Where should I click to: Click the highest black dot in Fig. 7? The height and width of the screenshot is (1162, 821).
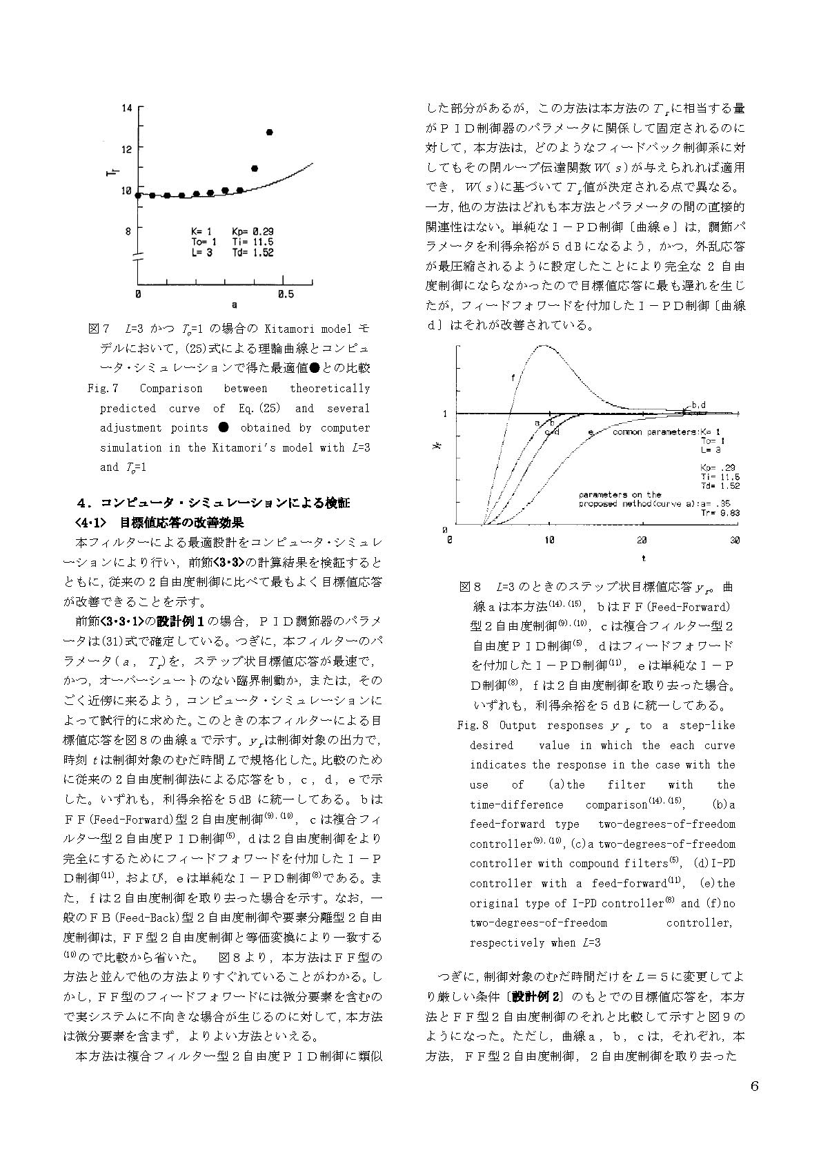(x=270, y=132)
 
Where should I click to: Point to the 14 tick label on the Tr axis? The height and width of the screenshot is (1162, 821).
(x=128, y=108)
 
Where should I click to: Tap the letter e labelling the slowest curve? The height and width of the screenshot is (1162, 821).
(x=591, y=432)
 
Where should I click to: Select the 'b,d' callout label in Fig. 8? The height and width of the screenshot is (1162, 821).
(x=698, y=405)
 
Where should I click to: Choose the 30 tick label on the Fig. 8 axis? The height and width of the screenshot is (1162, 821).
(x=735, y=539)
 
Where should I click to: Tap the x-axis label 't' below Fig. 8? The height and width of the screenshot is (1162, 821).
(x=643, y=558)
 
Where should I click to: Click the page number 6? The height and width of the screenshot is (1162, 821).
(x=754, y=1087)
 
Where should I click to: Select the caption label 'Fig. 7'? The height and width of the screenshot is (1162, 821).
(x=103, y=389)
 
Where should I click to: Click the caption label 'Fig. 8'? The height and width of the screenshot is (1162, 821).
(x=473, y=726)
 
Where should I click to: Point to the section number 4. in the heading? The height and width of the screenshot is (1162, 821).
(x=86, y=503)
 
